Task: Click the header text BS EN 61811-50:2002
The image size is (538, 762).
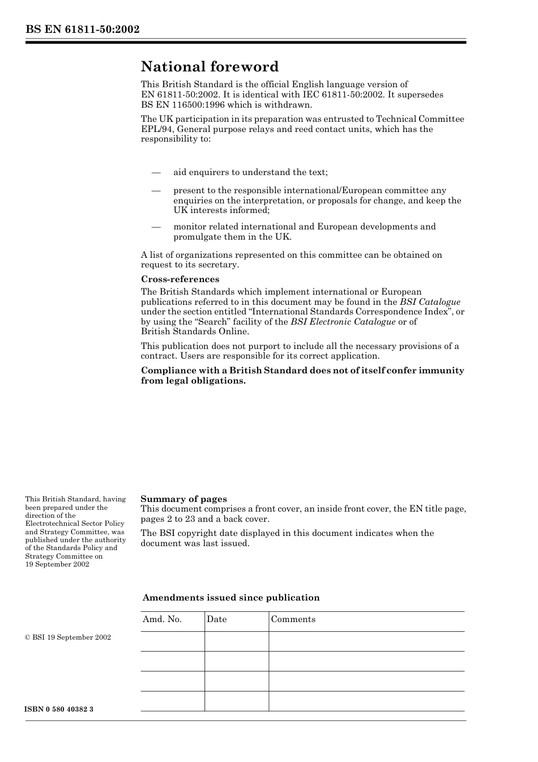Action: click(82, 29)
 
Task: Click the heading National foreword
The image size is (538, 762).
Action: click(210, 67)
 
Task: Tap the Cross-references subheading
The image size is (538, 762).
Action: click(180, 279)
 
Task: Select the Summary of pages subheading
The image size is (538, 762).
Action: click(183, 499)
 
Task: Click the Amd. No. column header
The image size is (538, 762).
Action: click(162, 619)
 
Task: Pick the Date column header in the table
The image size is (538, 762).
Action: click(216, 619)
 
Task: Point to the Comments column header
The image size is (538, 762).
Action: click(293, 619)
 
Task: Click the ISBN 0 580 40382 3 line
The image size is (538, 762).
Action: click(59, 709)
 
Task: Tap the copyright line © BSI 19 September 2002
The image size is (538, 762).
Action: click(68, 637)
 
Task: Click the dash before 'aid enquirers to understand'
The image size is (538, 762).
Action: click(156, 172)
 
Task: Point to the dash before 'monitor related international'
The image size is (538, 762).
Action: click(156, 227)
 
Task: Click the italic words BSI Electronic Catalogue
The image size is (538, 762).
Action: click(343, 322)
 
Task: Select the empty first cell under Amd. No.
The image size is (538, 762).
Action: click(172, 641)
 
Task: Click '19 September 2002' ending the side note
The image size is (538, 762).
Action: click(57, 564)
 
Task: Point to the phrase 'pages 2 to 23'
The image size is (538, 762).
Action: click(166, 519)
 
